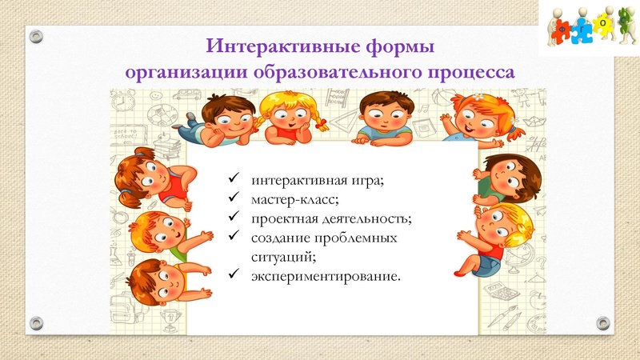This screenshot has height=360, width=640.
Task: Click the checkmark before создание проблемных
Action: (x=233, y=238)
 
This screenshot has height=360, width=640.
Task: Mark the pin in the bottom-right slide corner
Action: (x=605, y=322)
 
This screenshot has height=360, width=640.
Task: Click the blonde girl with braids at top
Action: (x=284, y=116)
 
